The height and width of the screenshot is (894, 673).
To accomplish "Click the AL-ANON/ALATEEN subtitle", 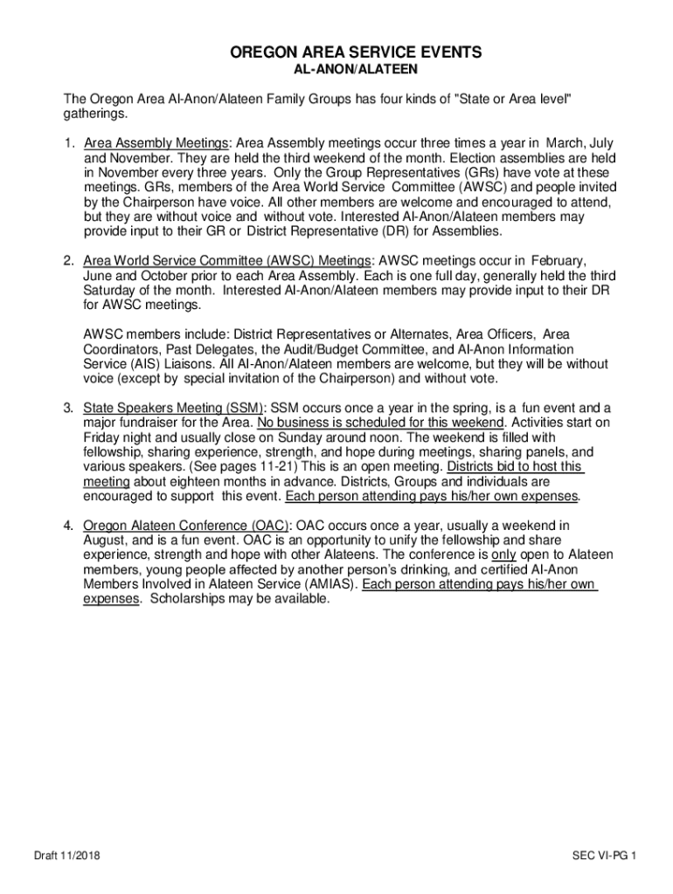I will [355, 70].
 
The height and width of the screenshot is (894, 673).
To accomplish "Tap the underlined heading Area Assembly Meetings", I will [156, 143].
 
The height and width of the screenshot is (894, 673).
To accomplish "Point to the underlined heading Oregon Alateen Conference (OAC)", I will [186, 526].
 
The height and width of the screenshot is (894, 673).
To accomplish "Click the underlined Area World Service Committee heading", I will [228, 261].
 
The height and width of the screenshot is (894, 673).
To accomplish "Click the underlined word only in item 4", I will [503, 554].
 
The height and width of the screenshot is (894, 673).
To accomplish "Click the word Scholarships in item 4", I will [185, 599].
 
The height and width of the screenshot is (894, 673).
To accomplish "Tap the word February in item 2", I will [557, 261].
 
